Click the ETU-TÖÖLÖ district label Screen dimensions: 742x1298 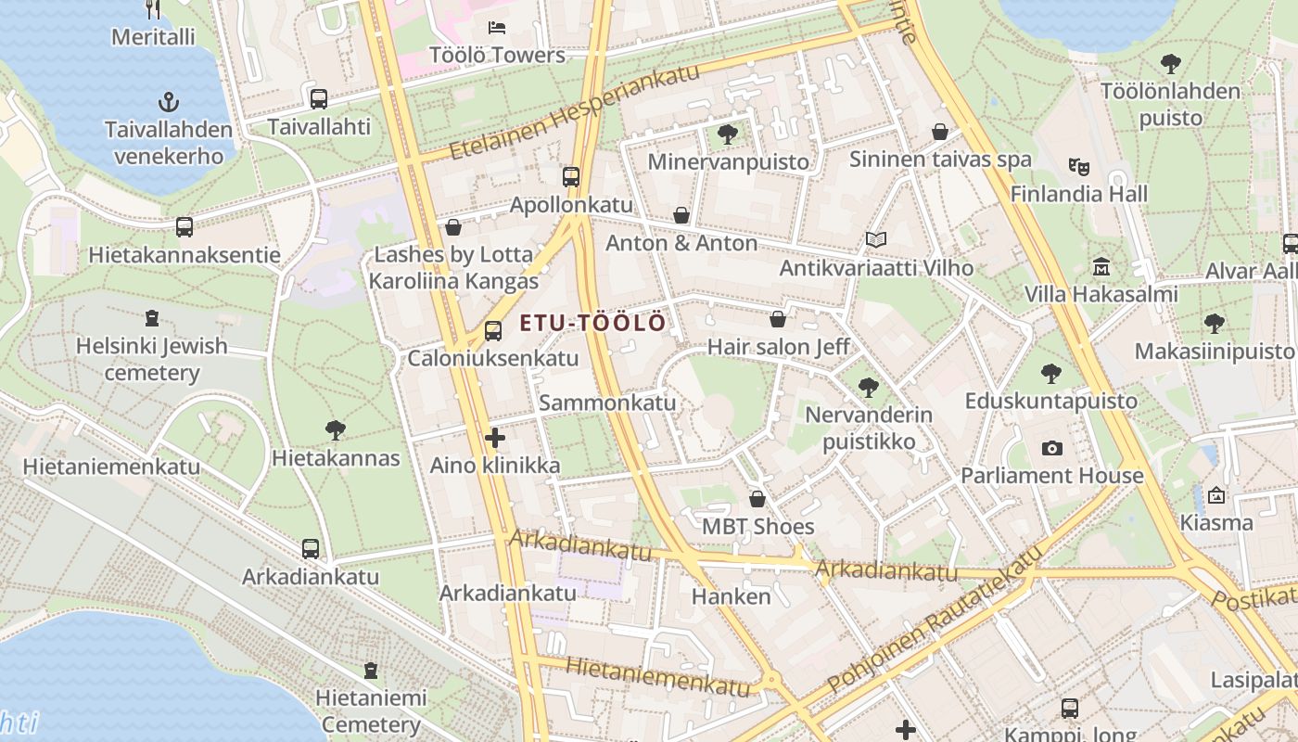[592, 323]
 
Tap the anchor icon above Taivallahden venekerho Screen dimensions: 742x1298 [168, 102]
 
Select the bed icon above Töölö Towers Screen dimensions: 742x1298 [497, 28]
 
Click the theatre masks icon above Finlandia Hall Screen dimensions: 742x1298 [1078, 167]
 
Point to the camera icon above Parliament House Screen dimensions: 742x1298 [1051, 448]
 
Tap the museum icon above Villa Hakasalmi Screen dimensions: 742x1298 [1101, 267]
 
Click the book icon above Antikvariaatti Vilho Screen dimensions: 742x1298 [876, 240]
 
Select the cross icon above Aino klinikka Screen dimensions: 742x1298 [495, 438]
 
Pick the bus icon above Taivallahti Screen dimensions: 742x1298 [318, 98]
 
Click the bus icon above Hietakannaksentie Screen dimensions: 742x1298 [184, 226]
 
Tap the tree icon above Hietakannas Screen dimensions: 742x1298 [336, 429]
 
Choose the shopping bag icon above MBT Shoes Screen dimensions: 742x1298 [757, 499]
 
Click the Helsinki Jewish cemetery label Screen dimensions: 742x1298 [152, 359]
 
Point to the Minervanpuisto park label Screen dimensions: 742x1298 [728, 161]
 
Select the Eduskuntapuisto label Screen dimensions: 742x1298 [1050, 401]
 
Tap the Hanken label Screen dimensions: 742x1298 [731, 595]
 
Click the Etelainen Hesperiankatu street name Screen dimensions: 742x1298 [574, 113]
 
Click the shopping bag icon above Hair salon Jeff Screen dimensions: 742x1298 [778, 320]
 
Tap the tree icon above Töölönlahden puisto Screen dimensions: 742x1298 [1170, 64]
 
